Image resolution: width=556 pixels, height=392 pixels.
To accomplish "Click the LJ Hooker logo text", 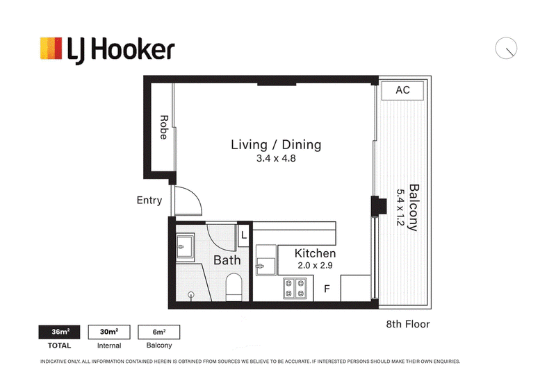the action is click(x=121, y=51).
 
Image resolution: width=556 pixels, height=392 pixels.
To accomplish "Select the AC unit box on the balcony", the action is click(x=402, y=90).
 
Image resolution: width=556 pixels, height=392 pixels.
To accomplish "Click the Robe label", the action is click(x=163, y=127).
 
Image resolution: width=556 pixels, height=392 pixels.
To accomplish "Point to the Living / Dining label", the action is click(x=276, y=144).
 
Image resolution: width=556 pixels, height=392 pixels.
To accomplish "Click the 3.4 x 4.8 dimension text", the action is click(x=276, y=158).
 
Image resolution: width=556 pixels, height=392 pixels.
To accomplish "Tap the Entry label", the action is click(x=149, y=201).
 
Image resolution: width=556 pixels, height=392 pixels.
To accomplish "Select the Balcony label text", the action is click(x=414, y=207).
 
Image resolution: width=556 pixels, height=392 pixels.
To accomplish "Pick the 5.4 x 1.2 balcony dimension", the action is click(x=400, y=207).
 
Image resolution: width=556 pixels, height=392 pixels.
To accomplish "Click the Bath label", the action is click(x=227, y=260).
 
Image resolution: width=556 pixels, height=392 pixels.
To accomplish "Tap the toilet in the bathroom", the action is click(x=234, y=287).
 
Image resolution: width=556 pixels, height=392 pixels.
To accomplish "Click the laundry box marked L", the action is click(x=244, y=235).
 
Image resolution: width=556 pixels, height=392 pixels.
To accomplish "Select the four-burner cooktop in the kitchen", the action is click(x=295, y=288).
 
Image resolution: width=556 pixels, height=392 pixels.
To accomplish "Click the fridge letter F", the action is click(x=327, y=289).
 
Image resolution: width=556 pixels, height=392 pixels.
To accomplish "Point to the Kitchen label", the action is click(x=315, y=253).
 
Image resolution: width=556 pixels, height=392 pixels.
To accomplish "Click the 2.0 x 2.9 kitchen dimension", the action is click(x=315, y=266).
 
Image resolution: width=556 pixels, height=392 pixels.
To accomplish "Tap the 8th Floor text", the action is click(x=408, y=324).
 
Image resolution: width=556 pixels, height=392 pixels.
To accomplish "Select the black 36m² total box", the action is click(x=59, y=332).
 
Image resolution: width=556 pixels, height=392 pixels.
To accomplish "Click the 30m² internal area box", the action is click(x=109, y=332).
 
